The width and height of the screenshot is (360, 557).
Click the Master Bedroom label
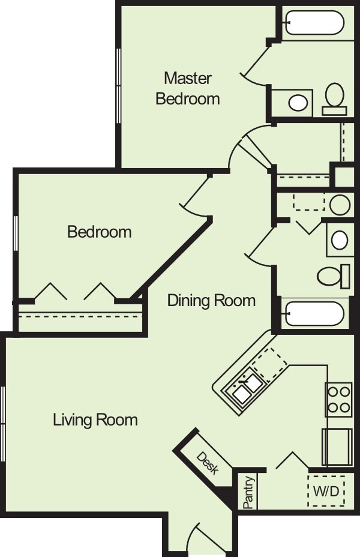point(188,88)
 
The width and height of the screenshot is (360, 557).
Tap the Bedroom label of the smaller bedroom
point(100,232)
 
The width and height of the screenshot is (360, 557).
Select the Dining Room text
point(211,300)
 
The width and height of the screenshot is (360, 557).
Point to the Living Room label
point(95,419)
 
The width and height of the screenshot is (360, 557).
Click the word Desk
point(207,463)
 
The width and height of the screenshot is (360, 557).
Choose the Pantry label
point(249,492)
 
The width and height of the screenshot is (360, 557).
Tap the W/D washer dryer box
point(326,491)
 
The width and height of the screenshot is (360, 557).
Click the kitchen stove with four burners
point(338,400)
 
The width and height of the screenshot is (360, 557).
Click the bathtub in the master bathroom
point(314,23)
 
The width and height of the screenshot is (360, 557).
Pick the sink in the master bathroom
point(298,103)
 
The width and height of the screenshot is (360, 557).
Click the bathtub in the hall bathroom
point(314,313)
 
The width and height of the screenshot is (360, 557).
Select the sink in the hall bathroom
point(340,240)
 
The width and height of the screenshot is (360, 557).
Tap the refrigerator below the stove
point(337,447)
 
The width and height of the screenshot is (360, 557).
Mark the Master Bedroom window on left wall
point(119,86)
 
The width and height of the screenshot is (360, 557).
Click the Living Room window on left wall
point(3,424)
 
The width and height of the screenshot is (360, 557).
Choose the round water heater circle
point(340,205)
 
